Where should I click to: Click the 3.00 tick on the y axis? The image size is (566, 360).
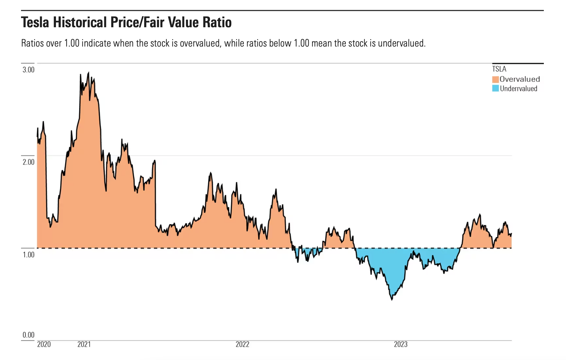pos(28,70)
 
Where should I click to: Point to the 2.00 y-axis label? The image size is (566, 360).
pos(28,162)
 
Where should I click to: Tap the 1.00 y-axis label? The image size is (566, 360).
pos(28,255)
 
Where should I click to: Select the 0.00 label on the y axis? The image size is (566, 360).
pos(28,335)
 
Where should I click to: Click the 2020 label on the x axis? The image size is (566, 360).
pos(44,344)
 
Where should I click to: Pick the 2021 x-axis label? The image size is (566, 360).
pos(84,344)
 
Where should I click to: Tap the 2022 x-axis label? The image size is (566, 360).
pos(242,344)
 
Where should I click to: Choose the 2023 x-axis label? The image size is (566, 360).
pos(401,344)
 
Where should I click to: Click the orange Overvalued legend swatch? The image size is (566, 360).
pos(496,79)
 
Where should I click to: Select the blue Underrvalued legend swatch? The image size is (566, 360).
pos(496,88)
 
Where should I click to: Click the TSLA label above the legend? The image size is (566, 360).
pos(499,69)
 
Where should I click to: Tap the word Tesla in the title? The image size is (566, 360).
pos(35,22)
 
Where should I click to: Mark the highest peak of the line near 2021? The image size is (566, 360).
pos(88,72)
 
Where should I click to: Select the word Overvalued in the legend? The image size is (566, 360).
pos(520,79)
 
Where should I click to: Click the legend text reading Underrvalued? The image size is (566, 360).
pos(519,89)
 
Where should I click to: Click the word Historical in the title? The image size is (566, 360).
pos(80,22)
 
